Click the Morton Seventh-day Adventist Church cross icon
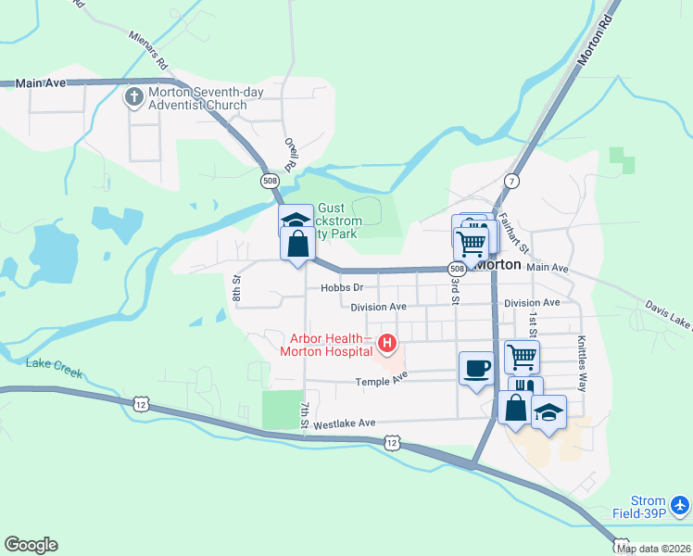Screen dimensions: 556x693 coord(134,96)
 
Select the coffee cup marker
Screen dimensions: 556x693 coord(476,368)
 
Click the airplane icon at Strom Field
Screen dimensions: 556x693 coord(680,505)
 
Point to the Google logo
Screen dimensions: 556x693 coord(31,545)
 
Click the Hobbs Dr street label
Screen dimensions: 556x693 coord(338,288)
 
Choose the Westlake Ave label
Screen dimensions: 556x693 coord(345,423)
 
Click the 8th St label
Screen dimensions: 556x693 coord(237,288)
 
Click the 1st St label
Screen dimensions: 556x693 coord(534,323)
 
